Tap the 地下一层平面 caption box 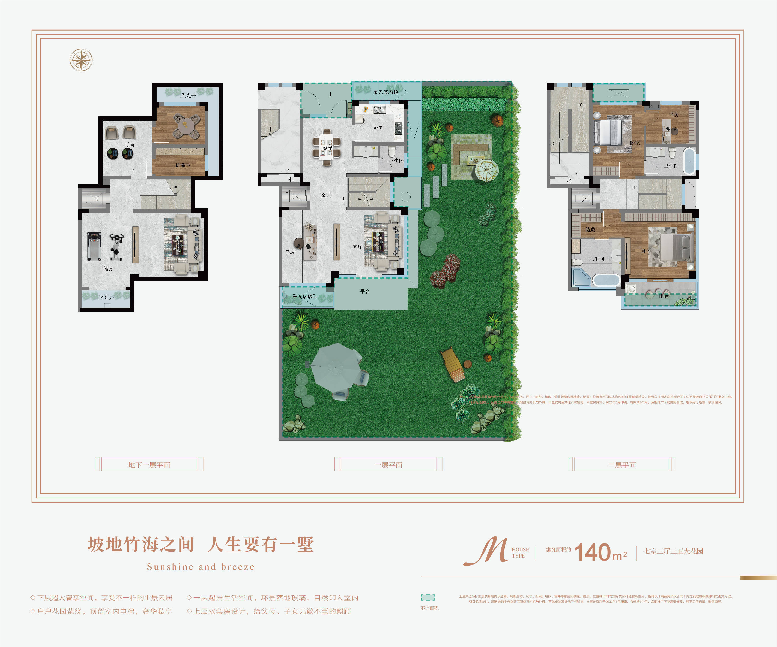pyautogui.click(x=149, y=464)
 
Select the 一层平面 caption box pyautogui.click(x=388, y=464)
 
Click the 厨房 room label pyautogui.click(x=378, y=128)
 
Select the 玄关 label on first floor pyautogui.click(x=326, y=195)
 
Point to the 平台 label pyautogui.click(x=365, y=291)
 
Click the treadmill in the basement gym pyautogui.click(x=94, y=246)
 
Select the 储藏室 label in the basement pyautogui.click(x=183, y=165)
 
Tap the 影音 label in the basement pyautogui.click(x=129, y=144)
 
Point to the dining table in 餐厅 pyautogui.click(x=326, y=148)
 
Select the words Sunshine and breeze pyautogui.click(x=201, y=567)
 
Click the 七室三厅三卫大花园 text pyautogui.click(x=673, y=551)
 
